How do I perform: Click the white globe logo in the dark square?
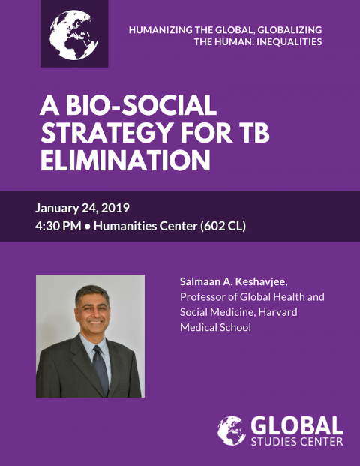coord(73,35)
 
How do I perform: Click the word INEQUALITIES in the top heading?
coord(289,42)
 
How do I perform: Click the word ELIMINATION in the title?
coord(125,160)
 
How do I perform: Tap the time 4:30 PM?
coord(58,226)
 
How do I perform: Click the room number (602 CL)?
coord(223,226)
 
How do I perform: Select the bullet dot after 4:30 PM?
coord(87,227)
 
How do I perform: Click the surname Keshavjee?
coord(262,281)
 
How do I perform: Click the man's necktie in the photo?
coord(100,368)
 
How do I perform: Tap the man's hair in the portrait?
coord(91,293)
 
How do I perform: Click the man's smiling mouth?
coord(96,321)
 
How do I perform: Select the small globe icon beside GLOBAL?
coord(232,431)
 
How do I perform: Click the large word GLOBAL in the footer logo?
coord(297,425)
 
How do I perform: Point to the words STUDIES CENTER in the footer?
coord(297,441)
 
